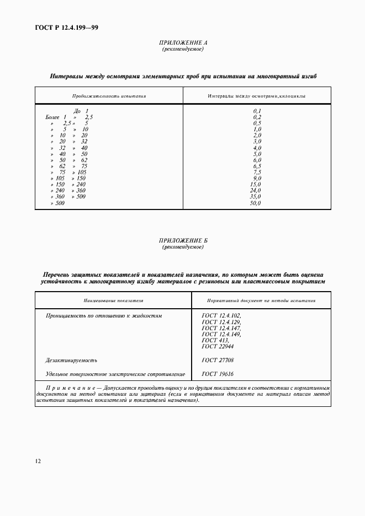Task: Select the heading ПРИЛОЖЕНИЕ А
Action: [183, 43]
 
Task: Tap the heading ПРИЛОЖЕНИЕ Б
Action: [183, 241]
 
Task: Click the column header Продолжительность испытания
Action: [109, 96]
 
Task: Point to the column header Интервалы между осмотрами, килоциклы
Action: [257, 96]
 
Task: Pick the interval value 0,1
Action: [257, 111]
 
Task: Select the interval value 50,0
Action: [255, 203]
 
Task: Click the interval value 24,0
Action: [255, 191]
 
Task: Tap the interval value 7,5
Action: [257, 172]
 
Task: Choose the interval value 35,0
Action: [255, 197]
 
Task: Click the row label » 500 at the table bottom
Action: [57, 203]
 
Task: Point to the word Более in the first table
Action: [52, 117]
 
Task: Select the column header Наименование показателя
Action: [114, 301]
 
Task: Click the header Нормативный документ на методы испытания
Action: [261, 301]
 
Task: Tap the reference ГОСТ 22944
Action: [218, 346]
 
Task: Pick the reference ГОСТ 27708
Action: [218, 360]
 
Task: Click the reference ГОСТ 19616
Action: [218, 374]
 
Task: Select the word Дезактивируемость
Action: [71, 360]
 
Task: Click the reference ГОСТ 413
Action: [215, 340]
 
